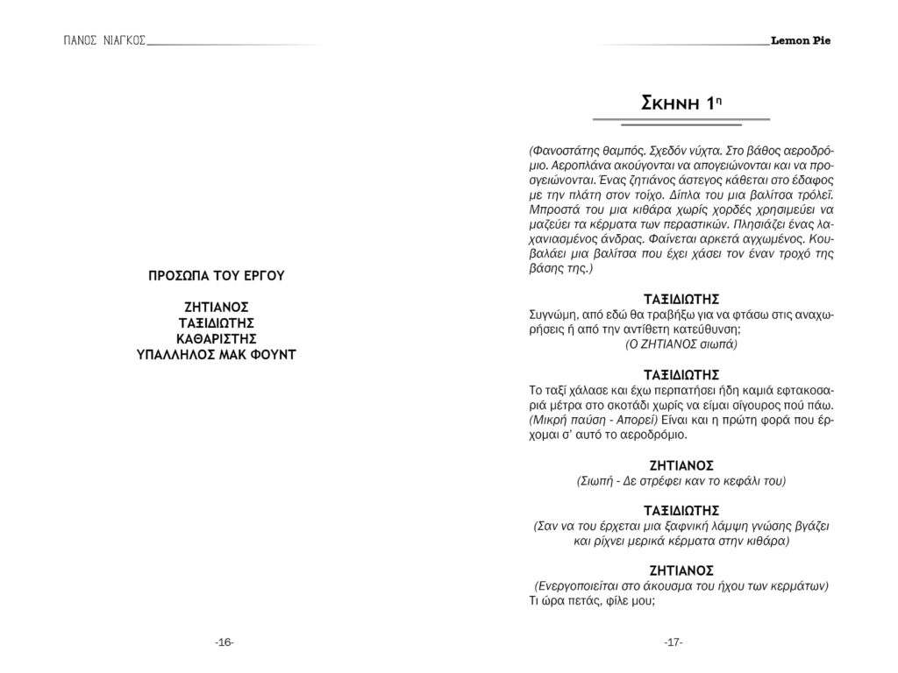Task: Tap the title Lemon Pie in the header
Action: pyautogui.click(x=801, y=40)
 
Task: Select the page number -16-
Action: pyautogui.click(x=224, y=642)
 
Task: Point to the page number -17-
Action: pyautogui.click(x=673, y=642)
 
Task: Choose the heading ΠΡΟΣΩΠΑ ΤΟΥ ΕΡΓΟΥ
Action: pyautogui.click(x=223, y=275)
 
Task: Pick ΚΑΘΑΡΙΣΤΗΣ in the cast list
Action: pyautogui.click(x=223, y=338)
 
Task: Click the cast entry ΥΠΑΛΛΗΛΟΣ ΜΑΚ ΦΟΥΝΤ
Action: pyautogui.click(x=223, y=354)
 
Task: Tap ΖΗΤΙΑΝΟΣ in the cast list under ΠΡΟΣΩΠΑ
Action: pyautogui.click(x=223, y=307)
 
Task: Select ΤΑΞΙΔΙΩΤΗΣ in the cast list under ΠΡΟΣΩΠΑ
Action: pyautogui.click(x=223, y=322)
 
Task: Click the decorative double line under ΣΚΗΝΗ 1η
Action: pyautogui.click(x=681, y=121)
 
